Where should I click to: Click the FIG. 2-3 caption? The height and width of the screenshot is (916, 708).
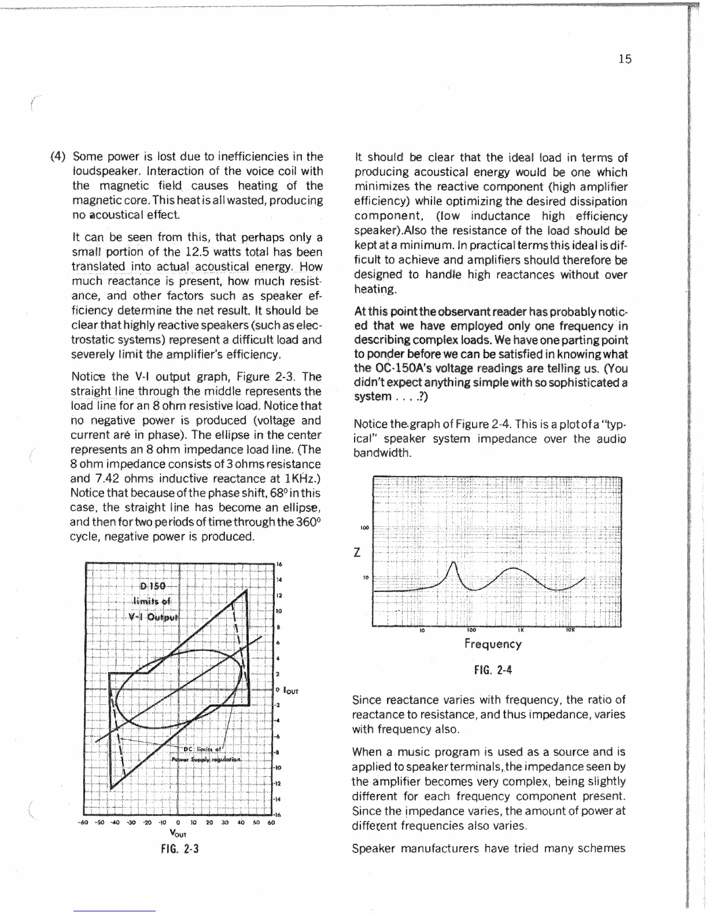[179, 849]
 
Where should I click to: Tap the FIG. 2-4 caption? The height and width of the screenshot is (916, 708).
[493, 670]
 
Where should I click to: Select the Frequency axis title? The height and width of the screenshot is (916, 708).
[493, 644]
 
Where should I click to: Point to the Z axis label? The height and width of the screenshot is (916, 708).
[357, 553]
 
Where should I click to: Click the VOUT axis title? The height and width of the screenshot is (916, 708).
[179, 833]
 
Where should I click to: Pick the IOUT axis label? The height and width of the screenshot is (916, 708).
[290, 691]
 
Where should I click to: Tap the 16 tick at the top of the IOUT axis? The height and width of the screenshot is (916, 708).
[279, 564]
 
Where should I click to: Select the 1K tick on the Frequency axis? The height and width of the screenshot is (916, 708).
[521, 630]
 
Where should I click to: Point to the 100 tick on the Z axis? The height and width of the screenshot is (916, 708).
[364, 528]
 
